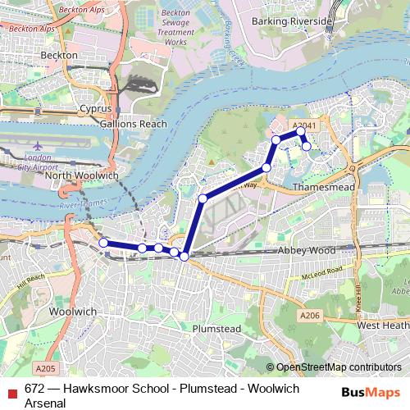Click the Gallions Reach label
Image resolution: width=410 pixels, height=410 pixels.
click(x=133, y=124)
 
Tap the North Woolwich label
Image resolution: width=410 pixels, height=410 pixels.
click(x=81, y=175)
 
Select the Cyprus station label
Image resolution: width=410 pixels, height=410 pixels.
click(x=95, y=108)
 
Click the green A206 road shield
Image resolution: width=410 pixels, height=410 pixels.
click(x=309, y=316)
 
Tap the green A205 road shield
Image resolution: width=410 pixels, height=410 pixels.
click(x=47, y=368)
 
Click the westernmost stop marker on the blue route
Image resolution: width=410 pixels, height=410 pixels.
click(x=103, y=243)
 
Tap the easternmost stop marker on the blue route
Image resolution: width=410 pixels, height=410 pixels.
click(x=307, y=147)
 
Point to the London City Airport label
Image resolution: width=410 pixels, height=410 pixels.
click(x=33, y=162)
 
